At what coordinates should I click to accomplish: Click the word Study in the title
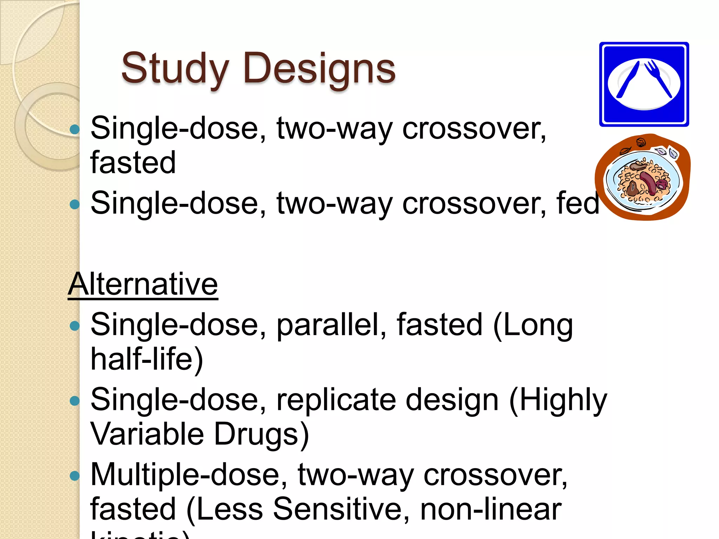[x=175, y=68]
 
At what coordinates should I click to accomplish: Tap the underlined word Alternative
[x=143, y=284]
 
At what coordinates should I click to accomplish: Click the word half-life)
[x=147, y=359]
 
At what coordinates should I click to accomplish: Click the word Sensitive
[x=336, y=509]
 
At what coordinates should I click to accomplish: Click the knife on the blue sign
[x=628, y=79]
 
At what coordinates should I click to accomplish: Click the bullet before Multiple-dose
[x=74, y=476]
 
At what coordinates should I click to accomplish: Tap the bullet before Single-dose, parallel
[x=74, y=326]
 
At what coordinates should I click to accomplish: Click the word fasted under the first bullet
[x=133, y=162]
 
